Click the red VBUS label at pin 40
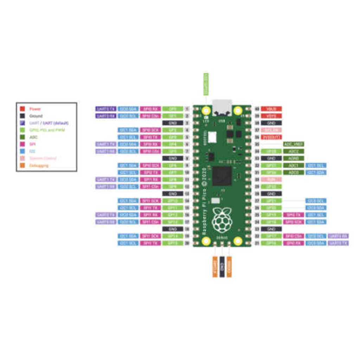pos(271,109)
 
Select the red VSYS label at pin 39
pos(271,116)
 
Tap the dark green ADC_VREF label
pos(293,144)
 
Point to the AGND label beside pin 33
pos(293,158)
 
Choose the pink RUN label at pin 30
pos(271,179)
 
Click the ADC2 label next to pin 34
pos(293,151)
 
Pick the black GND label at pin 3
pos(173,123)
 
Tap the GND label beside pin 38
pos(271,123)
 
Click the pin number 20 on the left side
pos(187,243)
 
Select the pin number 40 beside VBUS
pos(257,109)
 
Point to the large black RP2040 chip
pos(222,176)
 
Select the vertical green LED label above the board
pos(206,84)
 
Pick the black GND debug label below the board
pos(222,266)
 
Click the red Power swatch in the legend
pos(22,109)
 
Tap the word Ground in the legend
pos(36,116)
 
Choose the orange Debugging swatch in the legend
pos(22,165)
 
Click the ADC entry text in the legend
pos(34,137)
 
